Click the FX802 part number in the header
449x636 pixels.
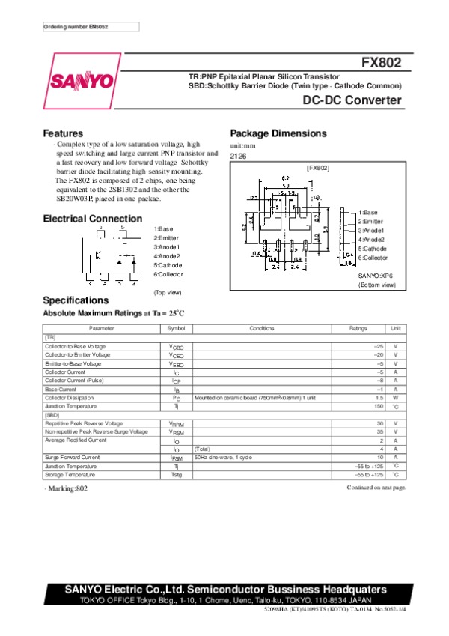[383, 63]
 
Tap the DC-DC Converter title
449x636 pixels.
[352, 100]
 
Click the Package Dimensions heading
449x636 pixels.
[278, 133]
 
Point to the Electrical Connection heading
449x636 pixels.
[92, 219]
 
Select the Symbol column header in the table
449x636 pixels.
[176, 328]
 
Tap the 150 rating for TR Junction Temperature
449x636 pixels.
[379, 406]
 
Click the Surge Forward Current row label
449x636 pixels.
[73, 457]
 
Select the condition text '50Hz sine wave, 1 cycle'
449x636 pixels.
[223, 457]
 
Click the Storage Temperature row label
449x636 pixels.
[70, 474]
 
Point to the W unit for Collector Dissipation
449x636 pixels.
[394, 398]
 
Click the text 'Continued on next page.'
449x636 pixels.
[376, 488]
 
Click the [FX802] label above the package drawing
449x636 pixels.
[318, 169]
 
